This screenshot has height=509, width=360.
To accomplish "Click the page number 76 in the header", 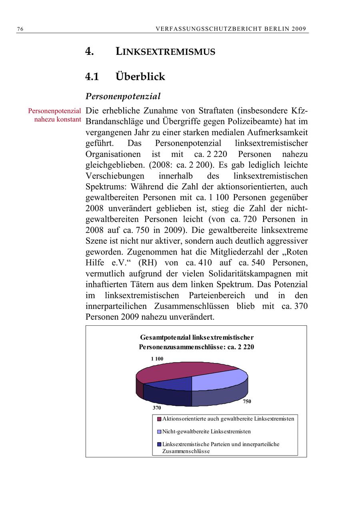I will pyautogui.click(x=20, y=29).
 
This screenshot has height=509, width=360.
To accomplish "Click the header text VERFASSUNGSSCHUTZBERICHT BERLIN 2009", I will pyautogui.click(x=231, y=29).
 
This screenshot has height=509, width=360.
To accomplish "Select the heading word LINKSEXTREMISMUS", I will pyautogui.click(x=165, y=52).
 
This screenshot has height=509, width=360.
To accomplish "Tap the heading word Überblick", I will pyautogui.click(x=140, y=76).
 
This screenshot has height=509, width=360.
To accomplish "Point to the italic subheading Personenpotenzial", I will pyautogui.click(x=123, y=96).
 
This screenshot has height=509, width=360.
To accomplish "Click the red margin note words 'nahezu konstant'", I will pyautogui.click(x=58, y=119).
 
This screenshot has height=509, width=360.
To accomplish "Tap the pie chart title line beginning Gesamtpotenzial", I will pyautogui.click(x=196, y=337).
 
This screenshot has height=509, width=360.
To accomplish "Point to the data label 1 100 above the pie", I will pyautogui.click(x=157, y=359).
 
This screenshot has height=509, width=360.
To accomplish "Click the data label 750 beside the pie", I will pyautogui.click(x=247, y=401).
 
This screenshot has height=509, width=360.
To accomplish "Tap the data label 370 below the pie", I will pyautogui.click(x=156, y=408).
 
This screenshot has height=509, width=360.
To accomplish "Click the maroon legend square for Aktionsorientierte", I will pyautogui.click(x=159, y=419).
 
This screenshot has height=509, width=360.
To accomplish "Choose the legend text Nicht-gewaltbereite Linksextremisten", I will pyautogui.click(x=206, y=431).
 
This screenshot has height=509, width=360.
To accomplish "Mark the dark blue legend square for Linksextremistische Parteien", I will pyautogui.click(x=159, y=444).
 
